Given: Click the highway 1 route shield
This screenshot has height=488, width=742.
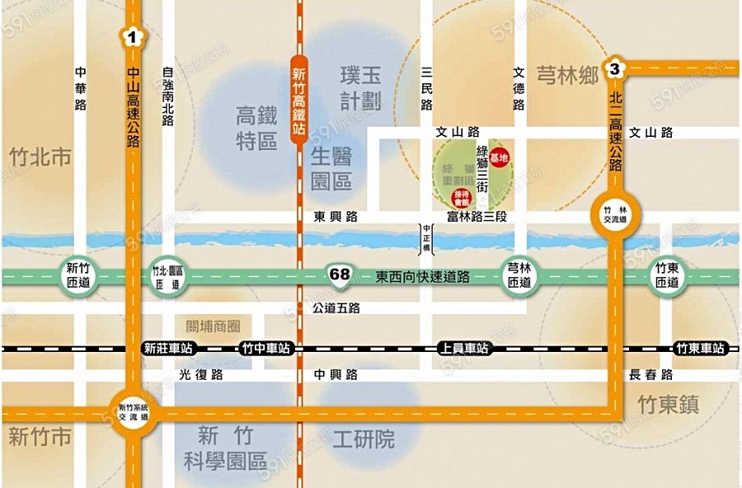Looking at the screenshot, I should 132,35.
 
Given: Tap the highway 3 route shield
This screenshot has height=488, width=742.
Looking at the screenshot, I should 613,69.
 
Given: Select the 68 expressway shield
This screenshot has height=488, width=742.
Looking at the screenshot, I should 338,274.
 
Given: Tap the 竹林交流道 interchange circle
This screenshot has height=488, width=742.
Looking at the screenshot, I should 615,216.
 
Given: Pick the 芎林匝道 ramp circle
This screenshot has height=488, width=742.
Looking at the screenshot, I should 519,275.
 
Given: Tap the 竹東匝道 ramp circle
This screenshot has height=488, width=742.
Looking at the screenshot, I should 666,275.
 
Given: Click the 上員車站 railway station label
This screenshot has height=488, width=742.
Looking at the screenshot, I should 463,349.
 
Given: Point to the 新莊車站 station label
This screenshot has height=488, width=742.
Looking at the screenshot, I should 167,349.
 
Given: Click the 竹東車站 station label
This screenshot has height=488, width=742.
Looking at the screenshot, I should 701,349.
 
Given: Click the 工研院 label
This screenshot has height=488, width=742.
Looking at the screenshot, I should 364,439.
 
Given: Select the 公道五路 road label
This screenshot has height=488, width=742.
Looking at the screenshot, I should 336,307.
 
